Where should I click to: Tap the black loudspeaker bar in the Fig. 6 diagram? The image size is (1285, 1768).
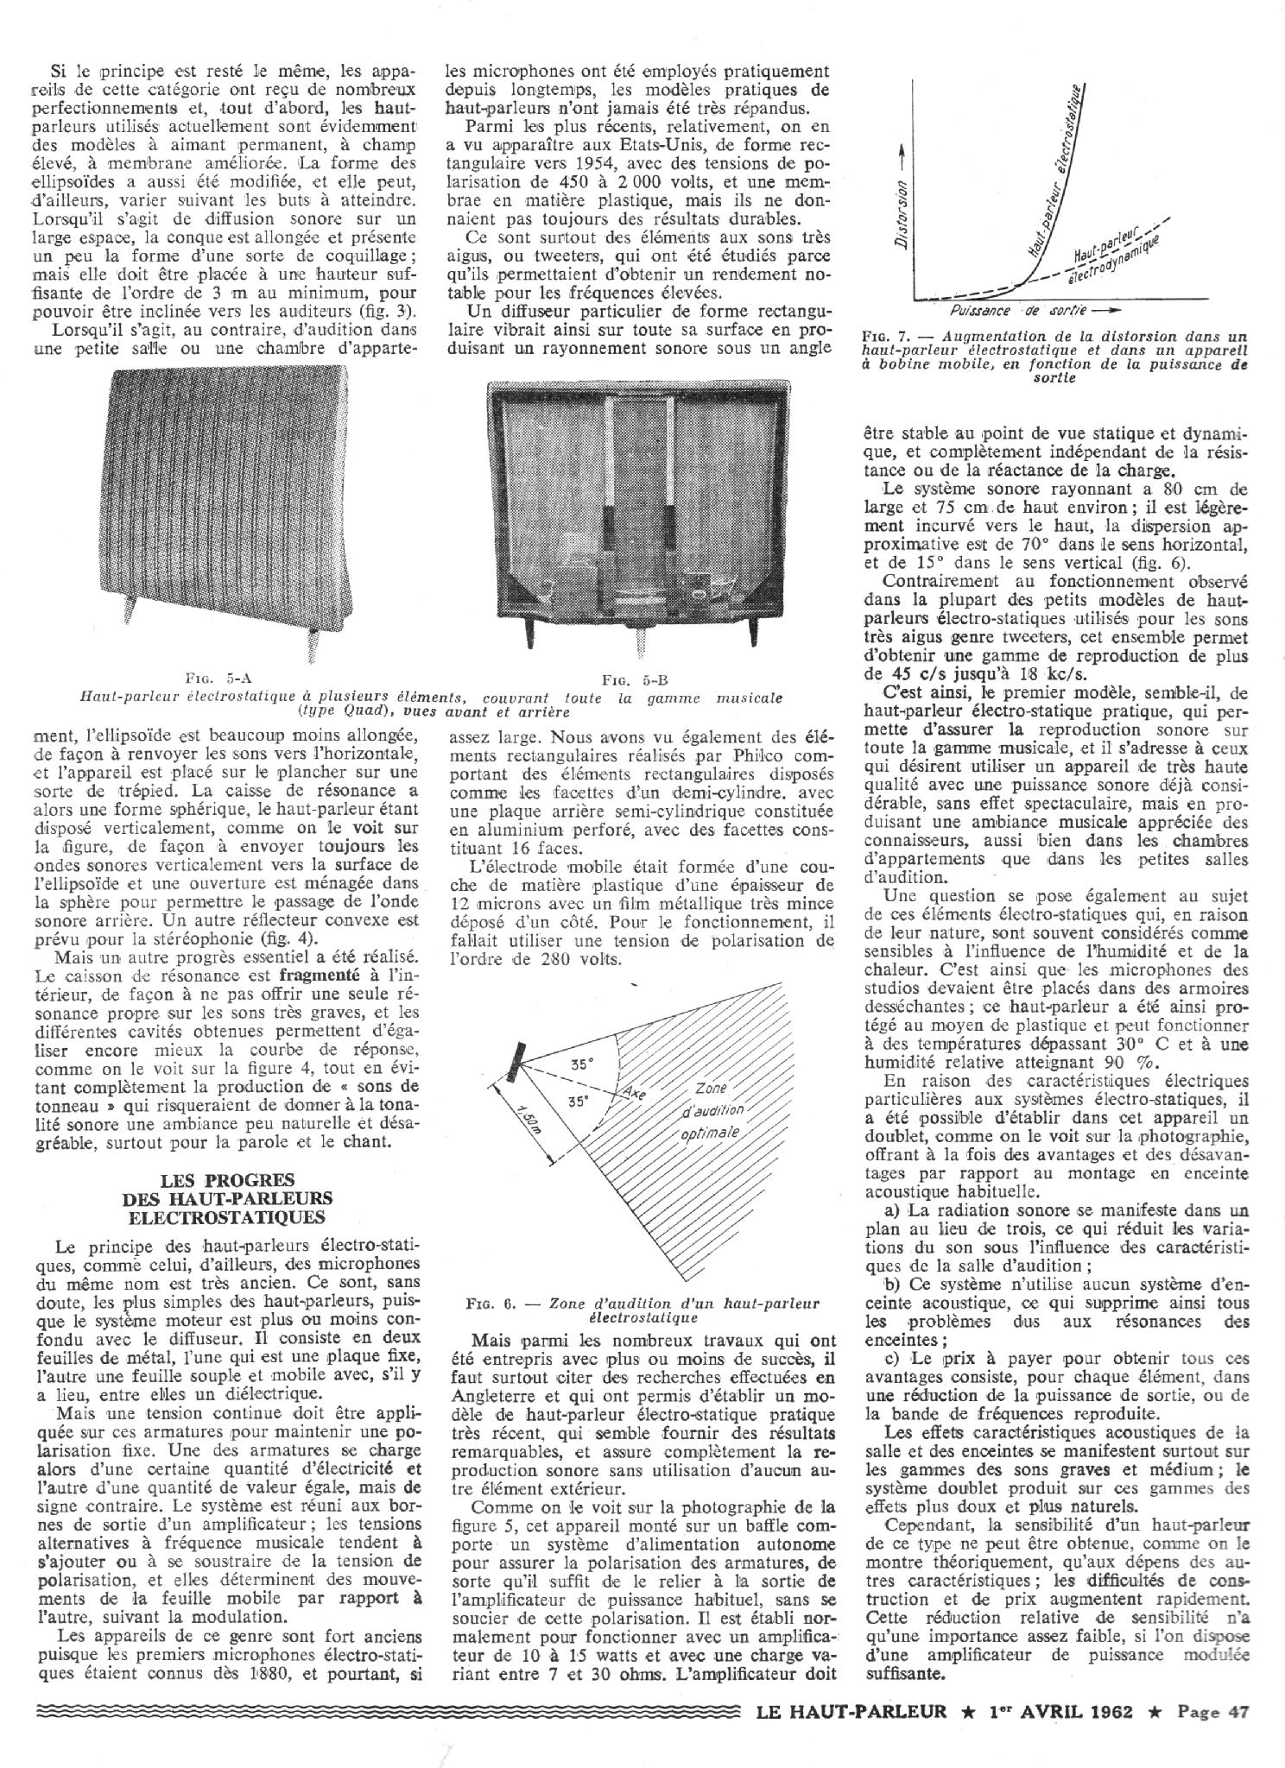coord(517,1064)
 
